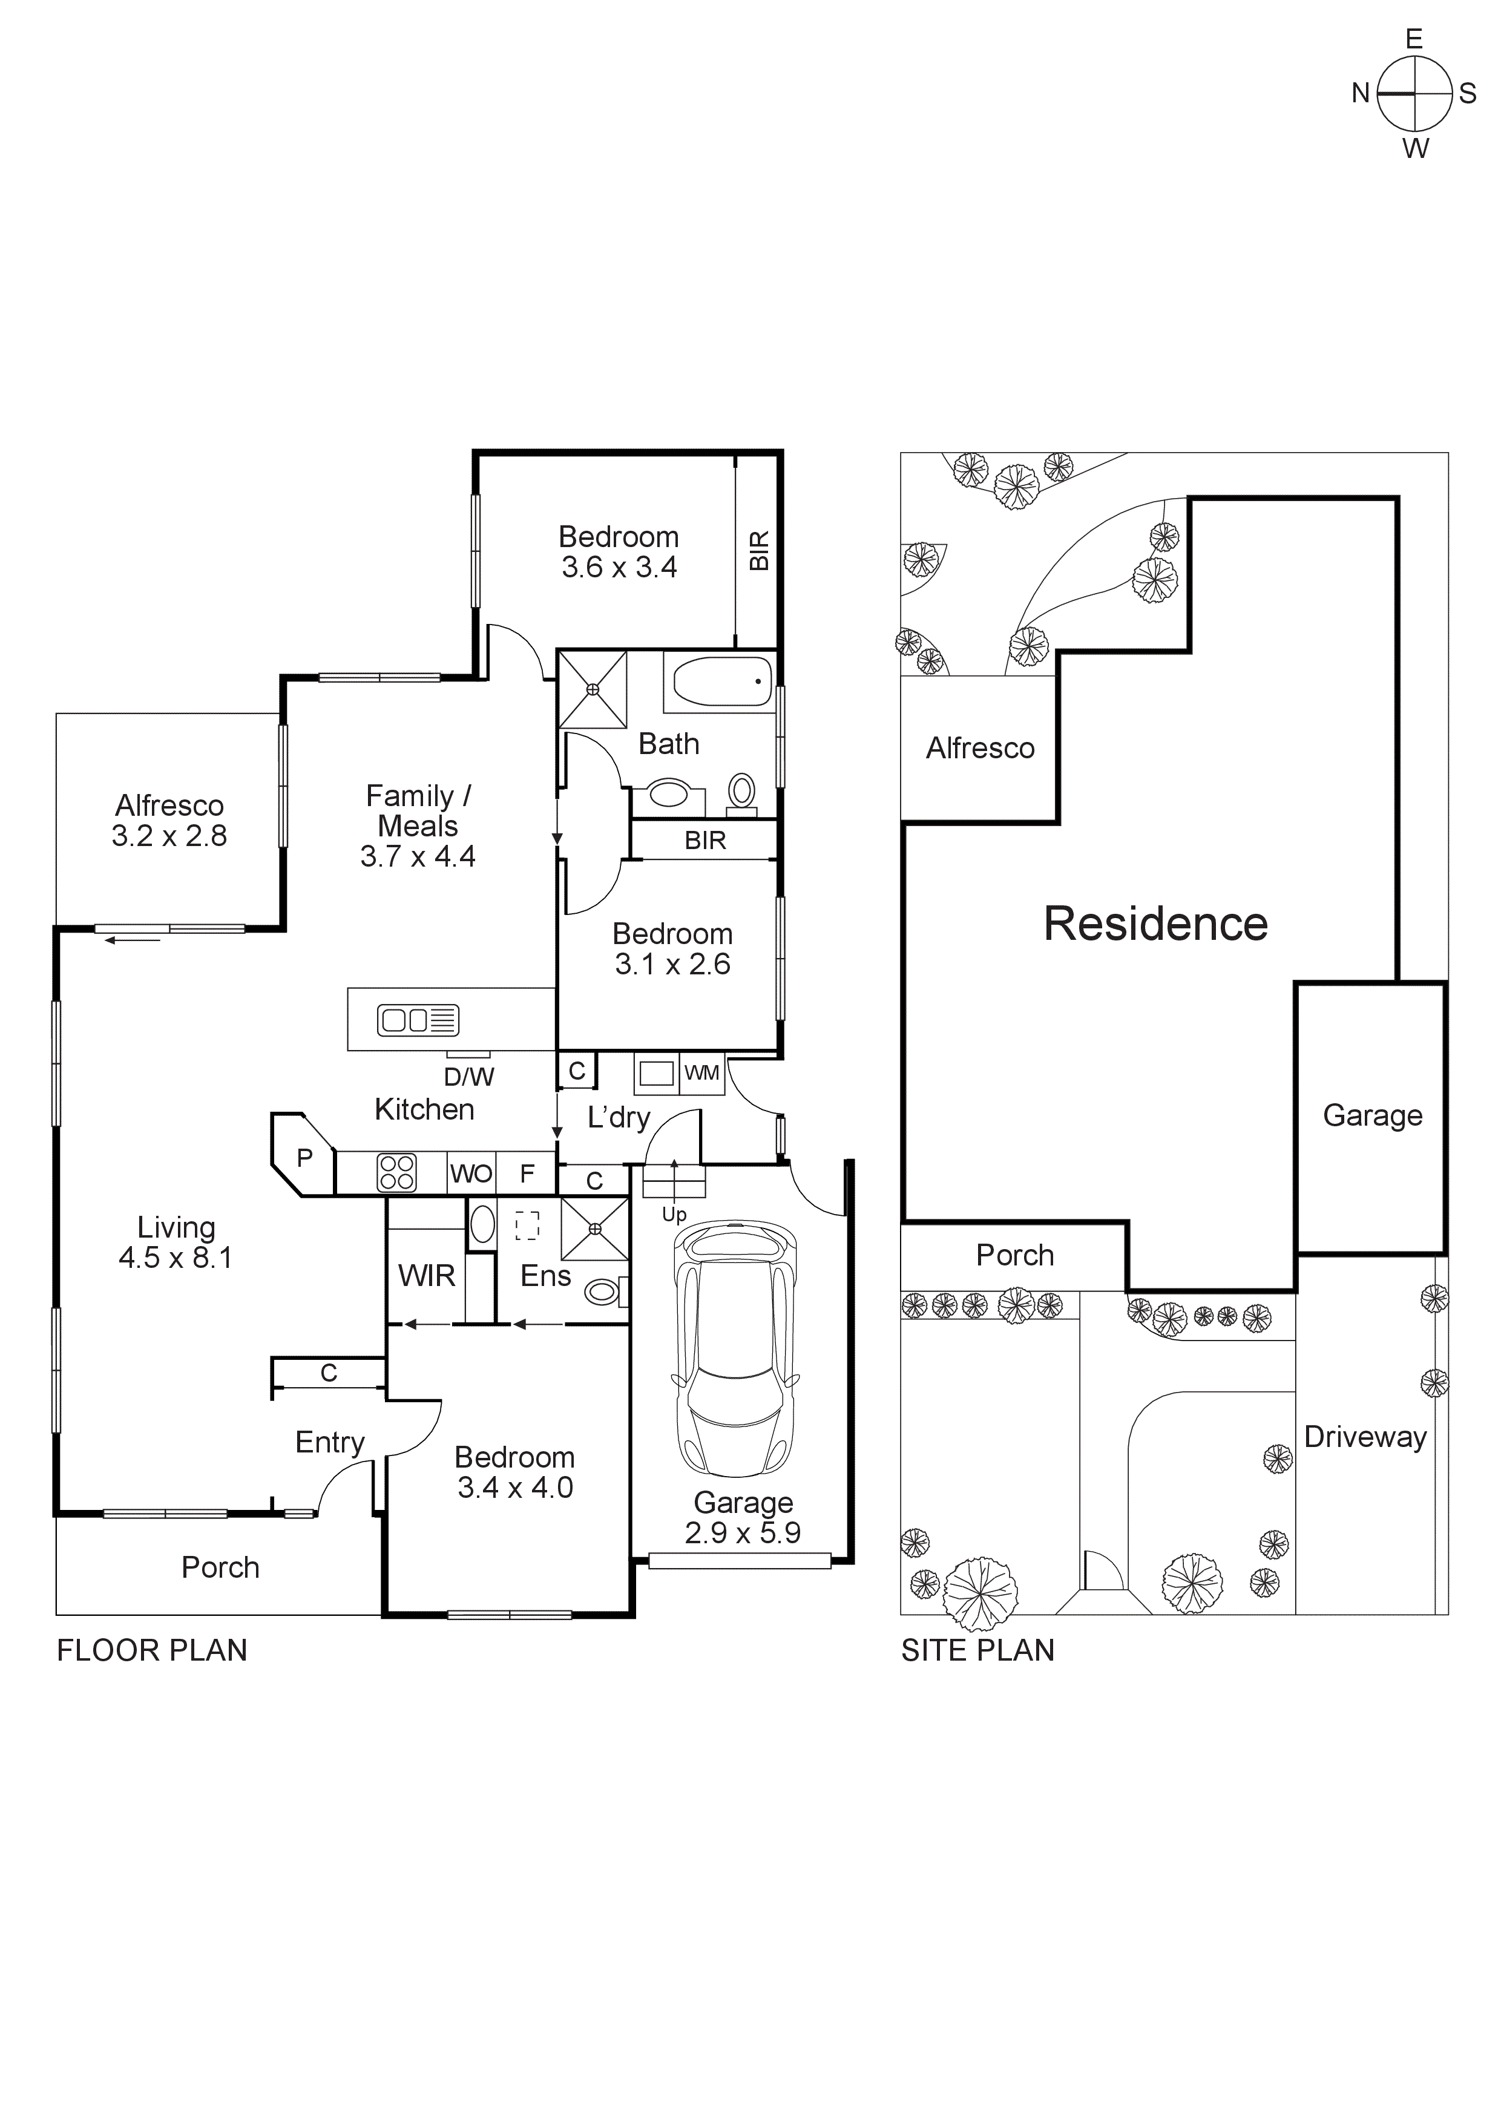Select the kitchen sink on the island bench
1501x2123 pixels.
[x=418, y=1020]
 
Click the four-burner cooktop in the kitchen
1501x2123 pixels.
[x=397, y=1173]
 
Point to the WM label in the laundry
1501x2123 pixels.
[x=702, y=1072]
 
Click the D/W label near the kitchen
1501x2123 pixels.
[x=469, y=1076]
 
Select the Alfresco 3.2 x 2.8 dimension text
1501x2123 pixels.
[x=169, y=836]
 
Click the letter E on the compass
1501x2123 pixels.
[x=1413, y=39]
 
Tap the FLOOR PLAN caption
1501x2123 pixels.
[x=152, y=1650]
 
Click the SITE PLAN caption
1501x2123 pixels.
[x=977, y=1650]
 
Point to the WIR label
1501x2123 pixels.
[x=426, y=1276]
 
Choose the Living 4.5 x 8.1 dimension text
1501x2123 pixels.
[x=176, y=1258]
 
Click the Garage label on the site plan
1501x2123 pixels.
[x=1373, y=1115]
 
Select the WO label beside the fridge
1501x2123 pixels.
[x=471, y=1173]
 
